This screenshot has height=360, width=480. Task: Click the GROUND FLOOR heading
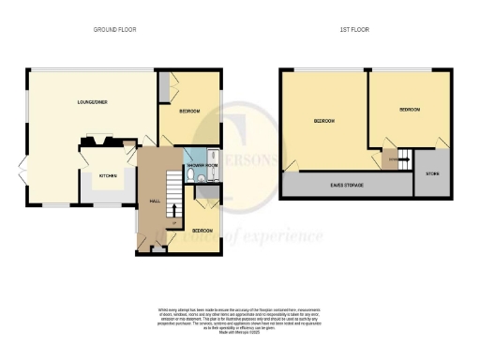click(114, 30)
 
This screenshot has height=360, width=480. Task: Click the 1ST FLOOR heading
click(353, 30)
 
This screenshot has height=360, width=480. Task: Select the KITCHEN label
click(109, 174)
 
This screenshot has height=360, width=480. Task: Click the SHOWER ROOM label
click(202, 164)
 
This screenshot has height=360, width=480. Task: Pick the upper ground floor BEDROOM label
click(190, 112)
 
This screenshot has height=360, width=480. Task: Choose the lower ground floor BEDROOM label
click(202, 230)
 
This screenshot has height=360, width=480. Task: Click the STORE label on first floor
click(432, 174)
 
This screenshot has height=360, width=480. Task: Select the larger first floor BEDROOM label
click(324, 122)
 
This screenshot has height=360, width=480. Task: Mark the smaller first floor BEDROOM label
click(409, 111)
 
